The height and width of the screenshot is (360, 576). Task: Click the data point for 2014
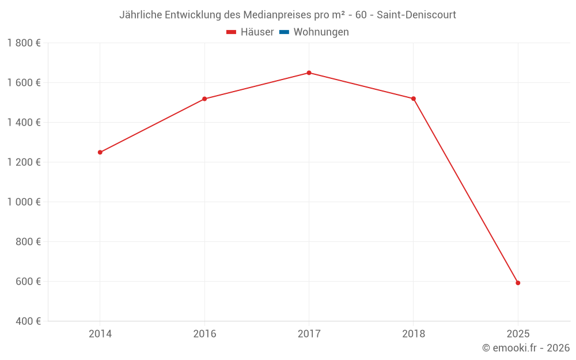tap(100, 152)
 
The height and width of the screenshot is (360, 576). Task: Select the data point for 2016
tap(204, 99)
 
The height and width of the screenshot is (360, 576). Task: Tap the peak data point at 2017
tap(309, 73)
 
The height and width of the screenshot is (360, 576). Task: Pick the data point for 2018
tap(414, 98)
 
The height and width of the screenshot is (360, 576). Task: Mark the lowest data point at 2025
tap(518, 283)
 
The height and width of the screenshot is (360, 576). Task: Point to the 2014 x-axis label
tap(100, 334)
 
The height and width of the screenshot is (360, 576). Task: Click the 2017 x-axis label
tap(309, 334)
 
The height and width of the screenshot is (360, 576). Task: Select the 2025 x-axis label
tap(518, 334)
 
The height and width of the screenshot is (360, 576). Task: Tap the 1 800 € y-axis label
tap(24, 43)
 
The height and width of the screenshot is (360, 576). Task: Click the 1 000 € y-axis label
tap(24, 202)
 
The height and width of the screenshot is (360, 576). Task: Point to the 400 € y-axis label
tap(28, 321)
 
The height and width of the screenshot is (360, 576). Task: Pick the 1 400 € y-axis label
tap(24, 123)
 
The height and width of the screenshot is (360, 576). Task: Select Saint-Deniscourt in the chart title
tap(416, 15)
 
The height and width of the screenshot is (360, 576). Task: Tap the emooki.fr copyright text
tap(526, 348)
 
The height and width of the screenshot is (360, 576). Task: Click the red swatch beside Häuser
tap(232, 32)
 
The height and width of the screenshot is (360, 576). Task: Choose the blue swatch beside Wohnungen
tap(284, 32)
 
